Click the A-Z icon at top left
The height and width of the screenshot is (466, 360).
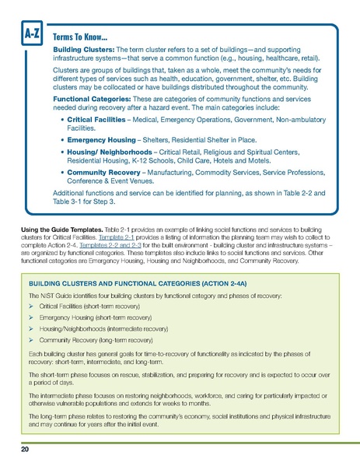pyautogui.click(x=32, y=33)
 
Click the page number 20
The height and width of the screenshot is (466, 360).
pyautogui.click(x=26, y=450)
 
